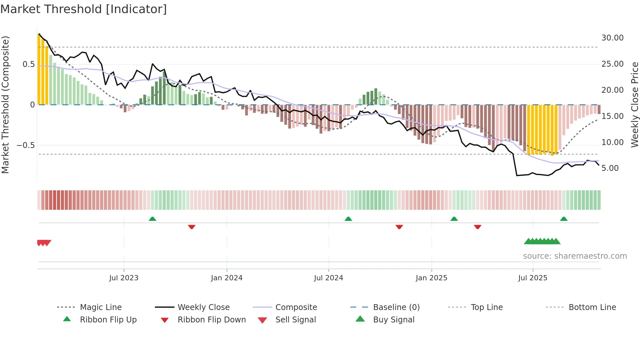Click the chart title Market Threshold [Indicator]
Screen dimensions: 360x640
84,9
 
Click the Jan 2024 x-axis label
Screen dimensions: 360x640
227,278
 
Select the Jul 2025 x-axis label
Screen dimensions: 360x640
533,278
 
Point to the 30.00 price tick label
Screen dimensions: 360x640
612,38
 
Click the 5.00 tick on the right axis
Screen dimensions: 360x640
610,168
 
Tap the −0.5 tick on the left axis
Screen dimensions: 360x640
25,145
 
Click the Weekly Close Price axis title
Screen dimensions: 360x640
634,105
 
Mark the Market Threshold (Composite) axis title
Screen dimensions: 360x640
5,105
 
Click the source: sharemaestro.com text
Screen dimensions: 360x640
575,256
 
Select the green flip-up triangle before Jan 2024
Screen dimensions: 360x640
152,219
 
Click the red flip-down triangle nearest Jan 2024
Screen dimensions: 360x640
192,227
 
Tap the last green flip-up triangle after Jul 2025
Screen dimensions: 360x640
564,219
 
